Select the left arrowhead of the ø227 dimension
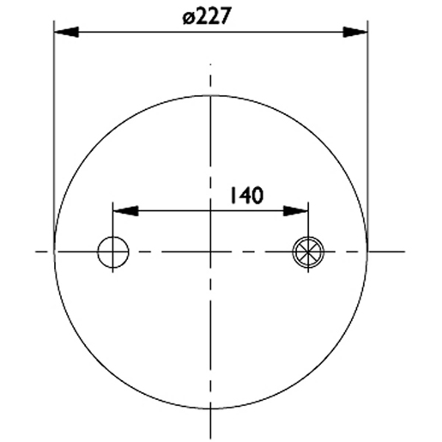tap(65, 33)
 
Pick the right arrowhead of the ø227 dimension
tap(357, 33)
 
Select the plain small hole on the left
tap(112, 251)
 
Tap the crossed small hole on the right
tap(308, 251)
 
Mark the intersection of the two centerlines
tap(211, 251)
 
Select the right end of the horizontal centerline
tap(403, 251)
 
